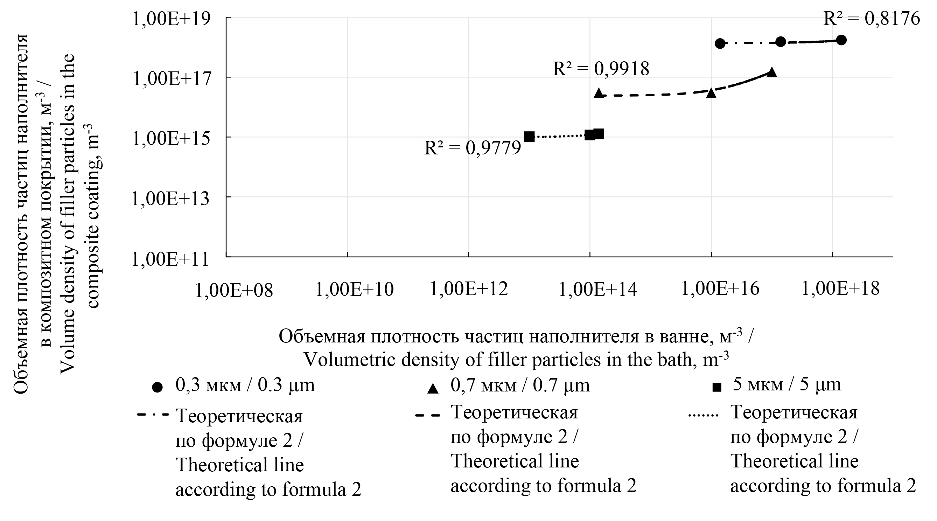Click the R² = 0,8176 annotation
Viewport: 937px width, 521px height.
[872, 19]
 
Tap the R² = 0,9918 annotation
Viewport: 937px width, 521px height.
[601, 68]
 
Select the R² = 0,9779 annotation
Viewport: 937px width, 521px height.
[473, 148]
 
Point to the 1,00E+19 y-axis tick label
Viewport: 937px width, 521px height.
[171, 19]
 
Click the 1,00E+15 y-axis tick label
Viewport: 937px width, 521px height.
[171, 138]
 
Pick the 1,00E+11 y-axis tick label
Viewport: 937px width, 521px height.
[170, 259]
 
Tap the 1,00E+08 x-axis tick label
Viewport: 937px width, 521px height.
[234, 290]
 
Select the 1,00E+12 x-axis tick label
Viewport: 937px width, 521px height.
[469, 289]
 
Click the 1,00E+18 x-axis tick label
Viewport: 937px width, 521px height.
[841, 289]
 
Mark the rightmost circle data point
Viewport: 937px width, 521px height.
[841, 40]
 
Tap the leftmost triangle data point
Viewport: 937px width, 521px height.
[599, 93]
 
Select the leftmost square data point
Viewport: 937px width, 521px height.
[529, 137]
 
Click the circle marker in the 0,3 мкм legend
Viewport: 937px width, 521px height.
[157, 388]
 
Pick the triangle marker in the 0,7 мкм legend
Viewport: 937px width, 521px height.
[433, 389]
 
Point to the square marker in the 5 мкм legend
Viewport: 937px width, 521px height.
[716, 388]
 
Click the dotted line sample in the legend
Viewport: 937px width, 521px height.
[703, 415]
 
